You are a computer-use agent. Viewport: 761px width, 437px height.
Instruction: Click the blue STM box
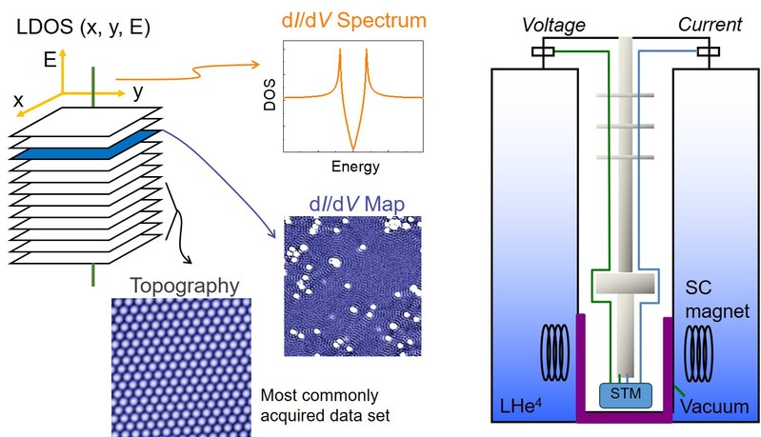pyautogui.click(x=625, y=393)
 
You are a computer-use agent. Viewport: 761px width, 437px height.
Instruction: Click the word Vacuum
pyautogui.click(x=714, y=407)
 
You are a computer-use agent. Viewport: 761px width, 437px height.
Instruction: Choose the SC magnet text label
pyautogui.click(x=712, y=299)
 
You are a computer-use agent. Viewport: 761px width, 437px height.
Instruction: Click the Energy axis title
pyautogui.click(x=353, y=167)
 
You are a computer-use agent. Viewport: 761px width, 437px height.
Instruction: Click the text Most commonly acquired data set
pyautogui.click(x=325, y=404)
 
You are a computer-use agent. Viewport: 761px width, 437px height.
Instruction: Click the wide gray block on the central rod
pyautogui.click(x=625, y=283)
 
